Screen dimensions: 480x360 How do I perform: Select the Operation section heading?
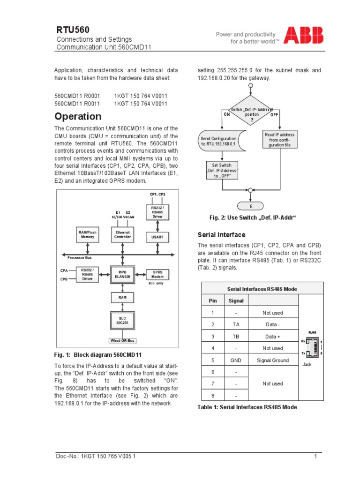[x=78, y=116]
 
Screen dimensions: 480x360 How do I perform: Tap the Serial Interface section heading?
[x=221, y=234]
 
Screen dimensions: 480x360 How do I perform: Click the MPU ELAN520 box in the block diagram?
[x=122, y=274]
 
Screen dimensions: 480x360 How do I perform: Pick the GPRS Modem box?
[x=157, y=274]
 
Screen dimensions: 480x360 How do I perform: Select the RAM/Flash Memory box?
[x=88, y=234]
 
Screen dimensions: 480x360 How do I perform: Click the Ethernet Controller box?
[x=122, y=234]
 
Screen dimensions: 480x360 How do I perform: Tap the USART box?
[x=157, y=238]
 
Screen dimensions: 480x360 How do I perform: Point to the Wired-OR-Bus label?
[x=122, y=341]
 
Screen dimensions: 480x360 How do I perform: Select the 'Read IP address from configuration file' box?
[x=280, y=140]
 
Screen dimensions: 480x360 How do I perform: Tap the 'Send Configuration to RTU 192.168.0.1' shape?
[x=220, y=141]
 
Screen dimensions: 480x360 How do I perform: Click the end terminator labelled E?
[x=251, y=206]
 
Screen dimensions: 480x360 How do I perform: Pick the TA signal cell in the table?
[x=236, y=324]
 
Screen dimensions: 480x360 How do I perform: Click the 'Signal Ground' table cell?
[x=273, y=360]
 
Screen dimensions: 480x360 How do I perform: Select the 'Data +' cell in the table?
[x=273, y=337]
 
